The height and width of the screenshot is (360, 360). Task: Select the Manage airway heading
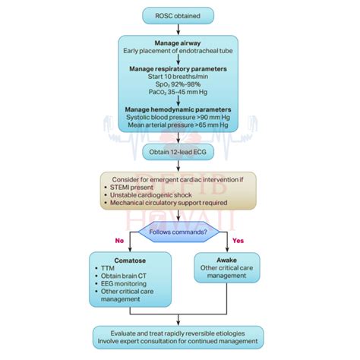point(179,43)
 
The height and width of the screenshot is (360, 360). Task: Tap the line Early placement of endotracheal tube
point(179,52)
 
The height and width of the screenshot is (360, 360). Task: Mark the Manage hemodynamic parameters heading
point(179,109)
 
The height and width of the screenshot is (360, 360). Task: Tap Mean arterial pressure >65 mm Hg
point(179,127)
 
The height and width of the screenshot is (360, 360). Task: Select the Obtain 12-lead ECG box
point(179,153)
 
